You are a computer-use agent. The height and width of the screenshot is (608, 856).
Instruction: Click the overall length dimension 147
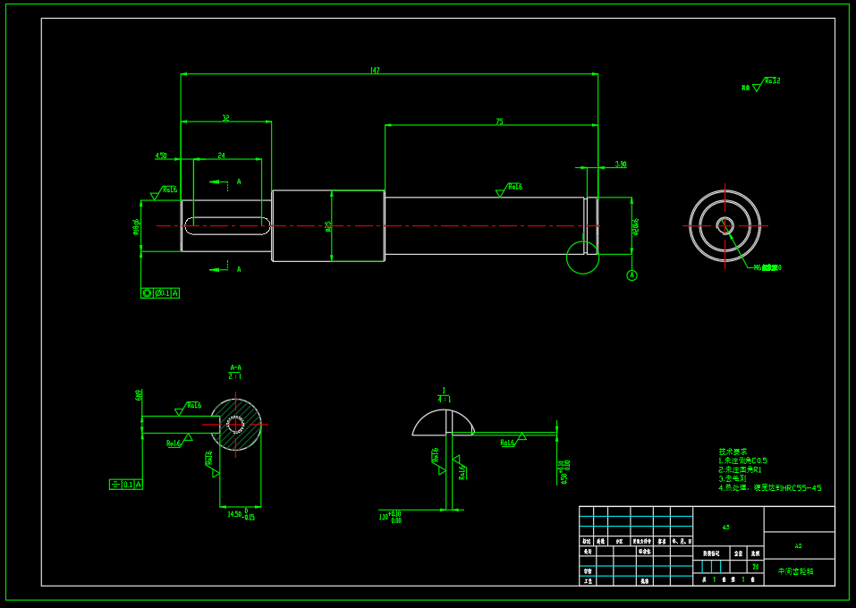[x=375, y=70]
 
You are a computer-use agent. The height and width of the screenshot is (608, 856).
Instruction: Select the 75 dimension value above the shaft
[x=499, y=121]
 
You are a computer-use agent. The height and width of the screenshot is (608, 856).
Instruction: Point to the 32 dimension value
[x=225, y=117]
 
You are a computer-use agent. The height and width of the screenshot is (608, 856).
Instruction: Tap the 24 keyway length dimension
[x=222, y=156]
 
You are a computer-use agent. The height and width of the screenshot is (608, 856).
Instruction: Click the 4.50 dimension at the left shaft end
[x=161, y=156]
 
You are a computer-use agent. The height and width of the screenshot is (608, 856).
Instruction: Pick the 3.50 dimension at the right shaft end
[x=621, y=165]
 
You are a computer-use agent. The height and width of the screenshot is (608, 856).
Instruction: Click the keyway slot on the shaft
[x=227, y=225]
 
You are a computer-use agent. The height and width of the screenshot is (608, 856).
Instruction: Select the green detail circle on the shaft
[x=582, y=258]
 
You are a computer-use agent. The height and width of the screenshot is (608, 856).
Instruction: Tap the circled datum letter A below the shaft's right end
[x=631, y=275]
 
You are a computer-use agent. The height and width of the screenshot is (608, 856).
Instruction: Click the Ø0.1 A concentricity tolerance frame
[x=160, y=293]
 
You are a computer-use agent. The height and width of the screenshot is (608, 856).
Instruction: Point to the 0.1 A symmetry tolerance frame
[x=126, y=485]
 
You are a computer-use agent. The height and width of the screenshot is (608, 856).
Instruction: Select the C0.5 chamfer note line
[x=743, y=460]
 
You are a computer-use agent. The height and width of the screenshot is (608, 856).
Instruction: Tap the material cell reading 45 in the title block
[x=725, y=528]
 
